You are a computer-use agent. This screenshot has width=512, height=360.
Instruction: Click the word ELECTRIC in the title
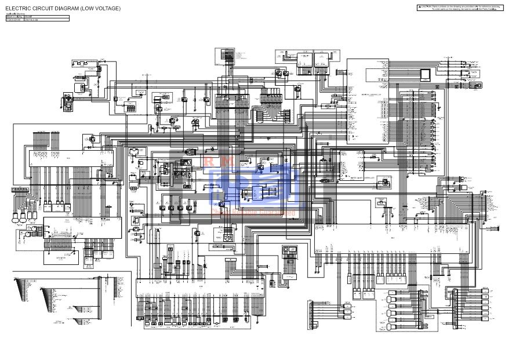17,9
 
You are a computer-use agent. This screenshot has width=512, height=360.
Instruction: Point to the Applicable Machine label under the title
16,13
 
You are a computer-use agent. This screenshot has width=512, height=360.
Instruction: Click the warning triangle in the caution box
419,6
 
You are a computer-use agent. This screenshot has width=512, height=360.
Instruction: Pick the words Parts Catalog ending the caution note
489,9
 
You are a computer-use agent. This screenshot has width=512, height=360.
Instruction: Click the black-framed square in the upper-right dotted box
427,74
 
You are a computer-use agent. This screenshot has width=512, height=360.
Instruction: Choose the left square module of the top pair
305,59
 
